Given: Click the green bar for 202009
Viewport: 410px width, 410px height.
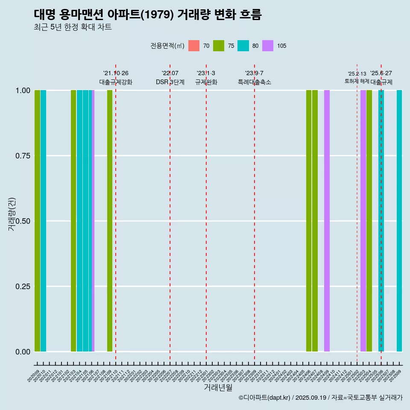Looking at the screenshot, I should [37, 221].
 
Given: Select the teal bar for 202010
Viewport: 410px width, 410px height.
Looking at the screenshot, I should [43, 221].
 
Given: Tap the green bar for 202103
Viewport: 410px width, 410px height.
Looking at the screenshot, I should [73, 221].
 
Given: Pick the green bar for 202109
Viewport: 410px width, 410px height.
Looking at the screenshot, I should [110, 221].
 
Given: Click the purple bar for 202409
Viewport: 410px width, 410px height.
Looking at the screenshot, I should [327, 221].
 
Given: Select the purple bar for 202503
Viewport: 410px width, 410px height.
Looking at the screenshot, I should [363, 221].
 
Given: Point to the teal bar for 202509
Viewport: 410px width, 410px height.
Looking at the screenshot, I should [399, 221].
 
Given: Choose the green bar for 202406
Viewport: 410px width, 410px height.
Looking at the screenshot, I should [309, 221].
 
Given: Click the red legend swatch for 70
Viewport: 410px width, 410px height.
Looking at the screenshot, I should [194, 46].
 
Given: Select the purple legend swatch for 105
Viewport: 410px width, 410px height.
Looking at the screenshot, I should [268, 46].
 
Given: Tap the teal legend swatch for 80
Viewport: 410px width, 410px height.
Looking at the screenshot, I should [243, 46].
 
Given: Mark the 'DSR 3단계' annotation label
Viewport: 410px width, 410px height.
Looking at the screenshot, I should [170, 82].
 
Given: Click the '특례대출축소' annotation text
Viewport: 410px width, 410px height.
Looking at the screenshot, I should [255, 82].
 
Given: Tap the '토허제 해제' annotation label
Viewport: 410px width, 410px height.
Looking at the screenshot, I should [357, 81].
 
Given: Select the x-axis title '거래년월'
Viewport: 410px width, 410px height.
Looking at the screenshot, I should [218, 387].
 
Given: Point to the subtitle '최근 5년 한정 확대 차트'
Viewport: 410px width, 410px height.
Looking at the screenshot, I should [73, 27].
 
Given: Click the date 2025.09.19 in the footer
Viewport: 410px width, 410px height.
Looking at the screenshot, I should [310, 398].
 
